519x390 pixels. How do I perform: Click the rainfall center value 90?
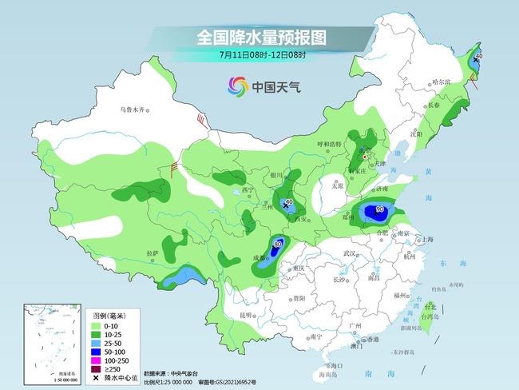379,210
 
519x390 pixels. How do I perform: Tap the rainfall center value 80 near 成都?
278,244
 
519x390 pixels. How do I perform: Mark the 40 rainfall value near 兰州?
288,201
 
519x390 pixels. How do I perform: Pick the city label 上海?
428,239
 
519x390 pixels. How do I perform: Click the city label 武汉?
348,253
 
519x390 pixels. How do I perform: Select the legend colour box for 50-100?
95,350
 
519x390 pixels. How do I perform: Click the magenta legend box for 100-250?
95,360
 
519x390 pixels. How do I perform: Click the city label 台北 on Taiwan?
430,306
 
